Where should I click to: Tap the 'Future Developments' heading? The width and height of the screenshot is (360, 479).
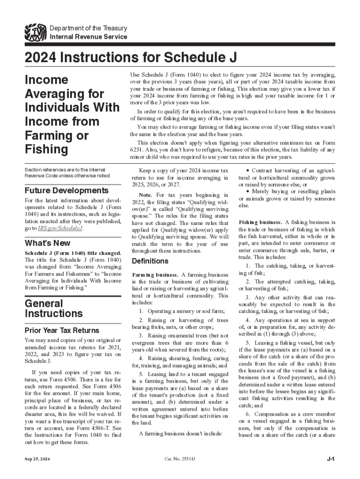[66, 191]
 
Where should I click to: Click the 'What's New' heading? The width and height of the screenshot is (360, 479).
[47, 243]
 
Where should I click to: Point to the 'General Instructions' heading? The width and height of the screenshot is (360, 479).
[53, 308]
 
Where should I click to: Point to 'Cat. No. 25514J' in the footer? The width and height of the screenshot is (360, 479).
[180, 459]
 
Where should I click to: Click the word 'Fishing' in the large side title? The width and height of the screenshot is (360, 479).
[46, 149]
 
